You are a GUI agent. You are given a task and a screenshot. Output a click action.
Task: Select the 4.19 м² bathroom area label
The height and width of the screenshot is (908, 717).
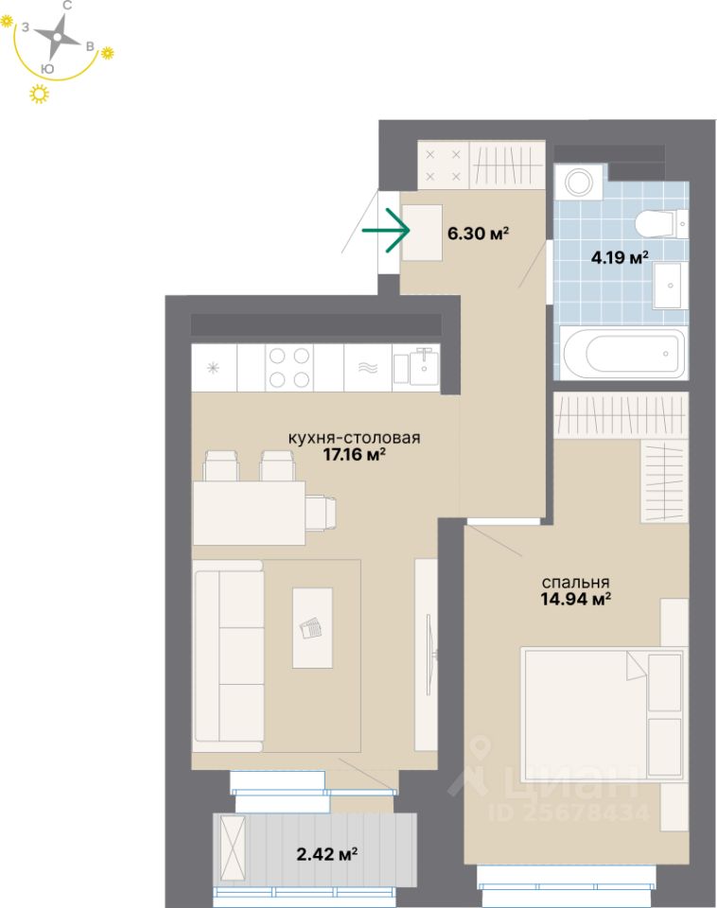click(x=620, y=256)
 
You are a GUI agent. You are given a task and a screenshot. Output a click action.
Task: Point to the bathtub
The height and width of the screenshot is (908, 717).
click(x=623, y=353)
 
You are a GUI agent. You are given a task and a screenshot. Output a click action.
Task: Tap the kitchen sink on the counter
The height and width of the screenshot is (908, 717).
click(x=416, y=367)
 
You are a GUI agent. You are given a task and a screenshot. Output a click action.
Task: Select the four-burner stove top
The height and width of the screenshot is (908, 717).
click(x=289, y=367)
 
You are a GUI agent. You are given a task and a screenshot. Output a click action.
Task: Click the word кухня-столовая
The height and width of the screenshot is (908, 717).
click(x=354, y=438)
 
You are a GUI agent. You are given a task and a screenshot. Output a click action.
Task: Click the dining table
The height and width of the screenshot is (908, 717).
click(x=249, y=512)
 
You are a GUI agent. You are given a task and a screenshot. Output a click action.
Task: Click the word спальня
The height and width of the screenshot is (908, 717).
click(x=575, y=583)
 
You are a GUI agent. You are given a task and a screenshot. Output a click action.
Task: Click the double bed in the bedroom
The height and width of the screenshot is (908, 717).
click(x=603, y=712)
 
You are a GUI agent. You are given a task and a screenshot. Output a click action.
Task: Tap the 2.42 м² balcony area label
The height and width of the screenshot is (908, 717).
click(x=326, y=854)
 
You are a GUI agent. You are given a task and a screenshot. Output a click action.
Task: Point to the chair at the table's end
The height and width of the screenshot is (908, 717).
click(x=322, y=512)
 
